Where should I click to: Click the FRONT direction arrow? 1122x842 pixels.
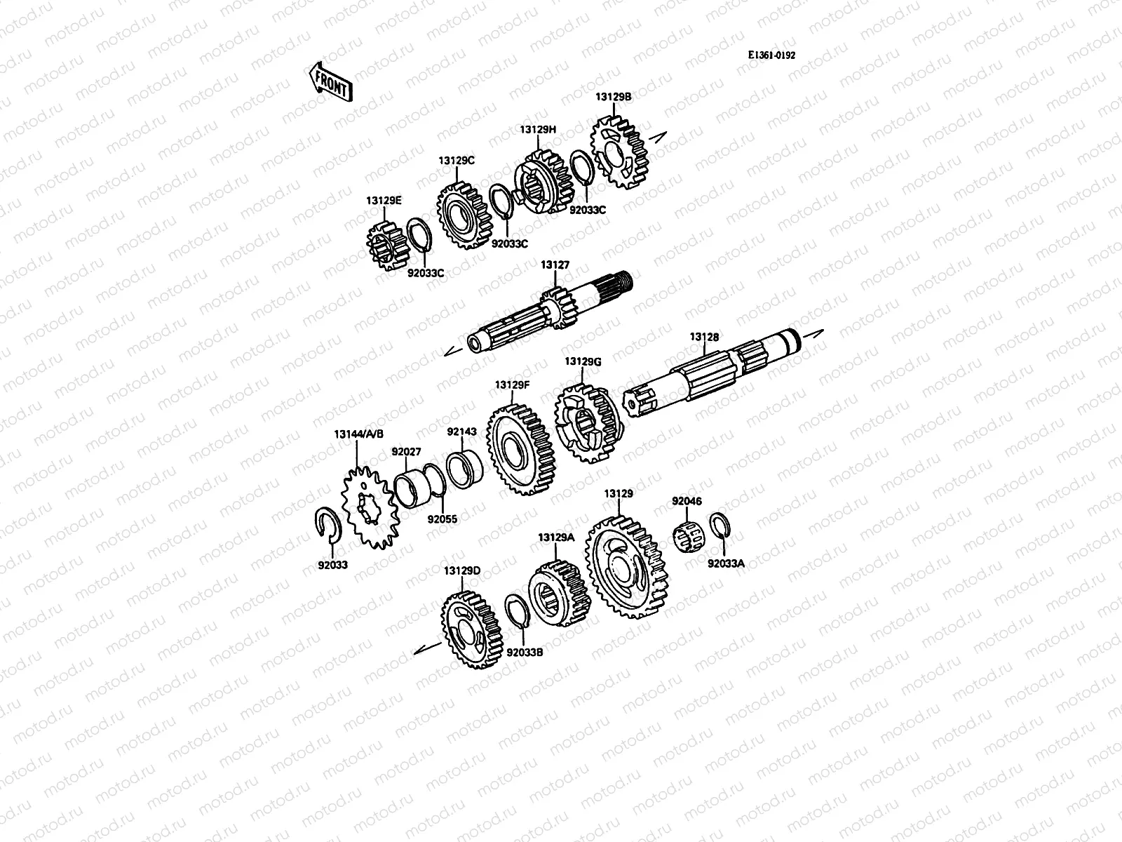(x=330, y=83)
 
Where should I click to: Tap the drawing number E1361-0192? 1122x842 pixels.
(x=771, y=56)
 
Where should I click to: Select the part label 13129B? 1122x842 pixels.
(x=614, y=99)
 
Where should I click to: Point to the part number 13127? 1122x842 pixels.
(x=555, y=265)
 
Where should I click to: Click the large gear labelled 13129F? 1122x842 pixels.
(x=522, y=450)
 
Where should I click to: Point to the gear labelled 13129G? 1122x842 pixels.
(x=588, y=427)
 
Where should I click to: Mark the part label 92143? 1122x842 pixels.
(x=461, y=432)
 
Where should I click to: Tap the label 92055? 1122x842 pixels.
(x=442, y=520)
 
